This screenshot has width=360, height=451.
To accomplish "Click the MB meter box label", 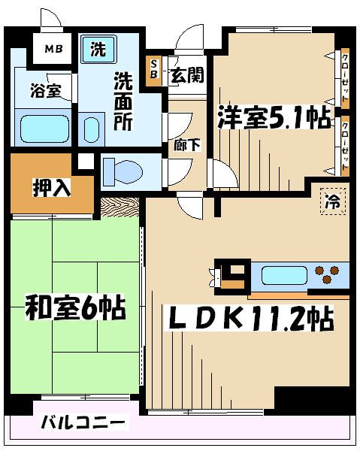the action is (53, 49).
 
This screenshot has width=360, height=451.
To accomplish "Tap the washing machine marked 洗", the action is (98, 49).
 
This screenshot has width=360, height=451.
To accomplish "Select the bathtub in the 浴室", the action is (44, 129).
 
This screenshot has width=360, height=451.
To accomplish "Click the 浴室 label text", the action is (46, 91).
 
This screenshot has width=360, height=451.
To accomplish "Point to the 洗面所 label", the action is (123, 101).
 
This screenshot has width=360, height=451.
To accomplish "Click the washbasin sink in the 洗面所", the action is (92, 130).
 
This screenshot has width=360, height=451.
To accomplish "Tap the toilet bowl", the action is (123, 172).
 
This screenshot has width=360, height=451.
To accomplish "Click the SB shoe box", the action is (154, 69).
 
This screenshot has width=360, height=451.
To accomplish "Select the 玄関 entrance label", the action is (187, 75).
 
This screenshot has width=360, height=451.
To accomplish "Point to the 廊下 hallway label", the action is (187, 145).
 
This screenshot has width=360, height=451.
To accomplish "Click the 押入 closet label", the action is (52, 187).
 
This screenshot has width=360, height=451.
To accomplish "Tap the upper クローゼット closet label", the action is (345, 77).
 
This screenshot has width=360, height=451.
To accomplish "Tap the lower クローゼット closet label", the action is (345, 146).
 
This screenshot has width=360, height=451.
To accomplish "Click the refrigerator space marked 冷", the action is (333, 201).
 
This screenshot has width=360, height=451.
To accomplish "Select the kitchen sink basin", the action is (284, 275).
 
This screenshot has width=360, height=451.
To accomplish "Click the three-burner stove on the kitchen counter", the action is (327, 274).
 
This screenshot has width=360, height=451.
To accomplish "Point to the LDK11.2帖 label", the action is (249, 319).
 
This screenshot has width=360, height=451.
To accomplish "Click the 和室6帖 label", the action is (75, 307).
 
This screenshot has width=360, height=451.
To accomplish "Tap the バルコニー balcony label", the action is (83, 422).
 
